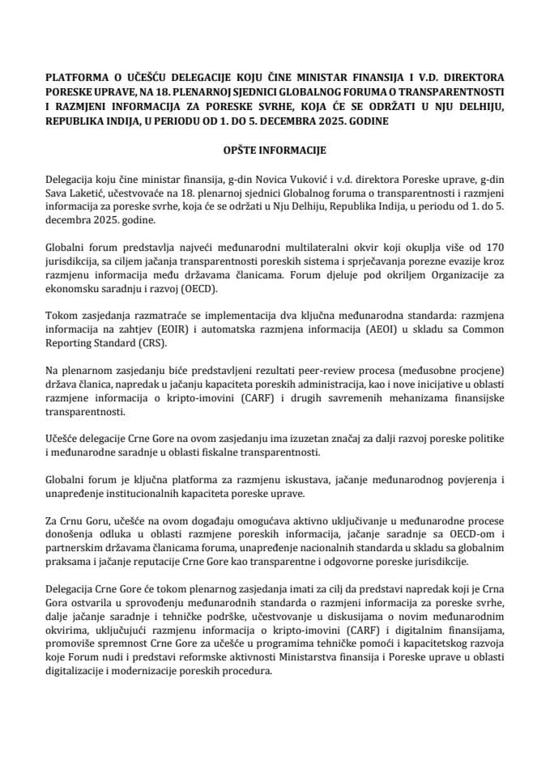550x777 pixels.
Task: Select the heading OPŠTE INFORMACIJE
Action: coord(275,151)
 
